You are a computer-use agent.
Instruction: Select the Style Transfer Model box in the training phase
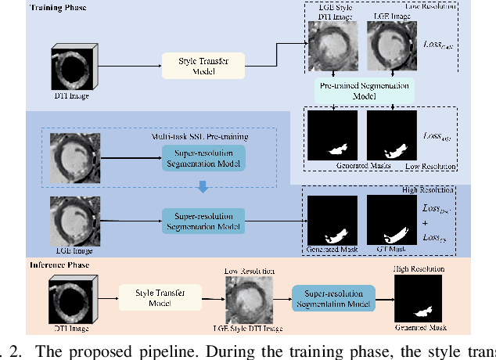(x=203, y=65)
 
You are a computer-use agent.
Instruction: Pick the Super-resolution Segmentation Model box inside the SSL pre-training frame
(x=203, y=157)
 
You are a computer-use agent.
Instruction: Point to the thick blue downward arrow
(x=203, y=186)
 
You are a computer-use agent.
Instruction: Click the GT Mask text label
(x=391, y=251)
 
